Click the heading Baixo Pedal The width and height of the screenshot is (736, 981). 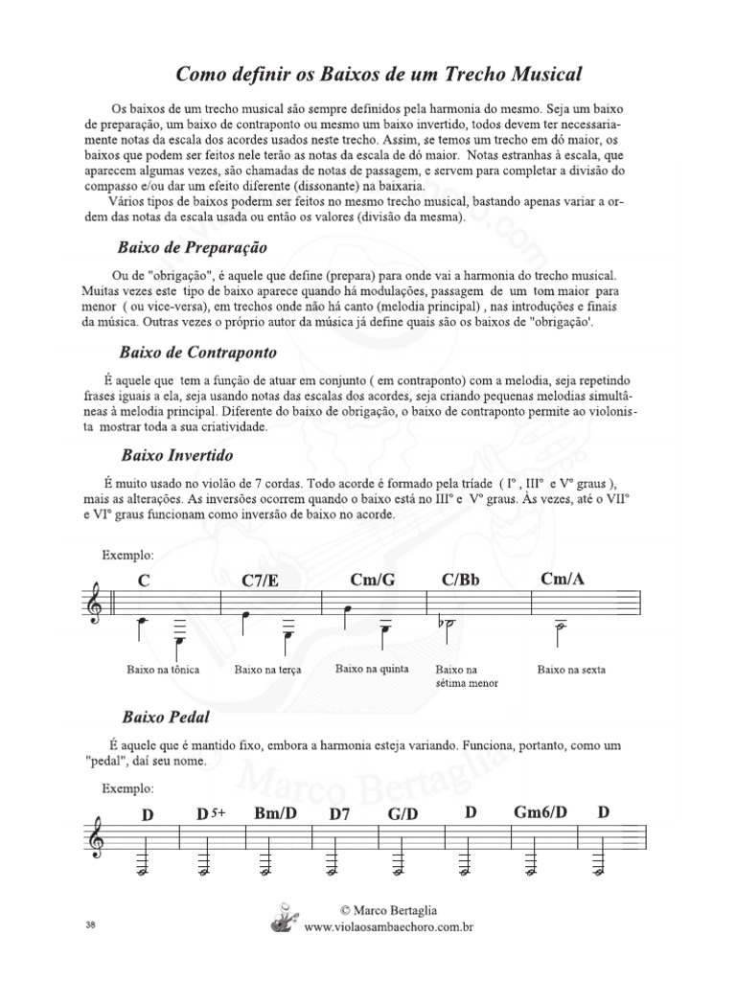tap(166, 716)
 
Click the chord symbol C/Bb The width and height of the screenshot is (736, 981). tap(461, 580)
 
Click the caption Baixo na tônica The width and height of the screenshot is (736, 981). tap(163, 670)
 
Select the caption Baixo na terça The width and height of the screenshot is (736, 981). tap(267, 670)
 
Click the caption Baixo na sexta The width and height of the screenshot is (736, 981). tap(571, 670)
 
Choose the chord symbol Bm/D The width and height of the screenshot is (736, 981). tap(275, 814)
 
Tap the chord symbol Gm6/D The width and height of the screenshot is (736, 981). tap(541, 813)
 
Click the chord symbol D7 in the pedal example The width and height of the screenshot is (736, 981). tap(340, 815)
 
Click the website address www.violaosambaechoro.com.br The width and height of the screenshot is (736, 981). tap(389, 927)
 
